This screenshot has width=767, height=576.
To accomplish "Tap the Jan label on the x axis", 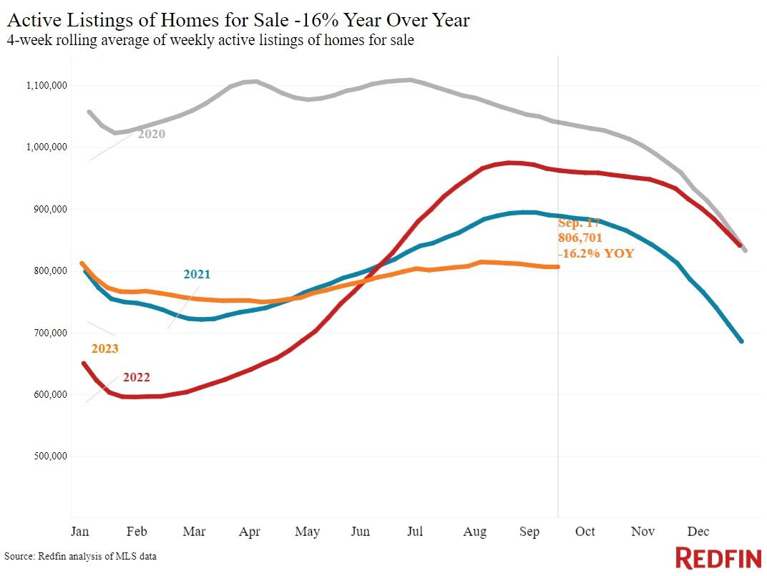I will coord(79,532).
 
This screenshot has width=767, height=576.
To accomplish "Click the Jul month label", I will coord(415,532).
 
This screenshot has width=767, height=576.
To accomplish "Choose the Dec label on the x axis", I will coord(698,532).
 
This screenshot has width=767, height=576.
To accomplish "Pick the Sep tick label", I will coord(529,532).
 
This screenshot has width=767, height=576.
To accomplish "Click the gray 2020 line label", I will coord(151,134).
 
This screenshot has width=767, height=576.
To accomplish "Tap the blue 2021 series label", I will coord(197,274).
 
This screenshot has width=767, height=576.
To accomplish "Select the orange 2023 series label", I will coord(104,349).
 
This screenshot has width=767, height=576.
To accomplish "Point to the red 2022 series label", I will coord(136,377).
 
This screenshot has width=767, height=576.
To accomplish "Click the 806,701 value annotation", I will coord(580,238).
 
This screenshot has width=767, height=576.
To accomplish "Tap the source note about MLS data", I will coord(80,556).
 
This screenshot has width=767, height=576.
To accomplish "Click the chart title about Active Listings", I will coord(238,20).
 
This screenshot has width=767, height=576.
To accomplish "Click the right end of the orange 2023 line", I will coord(557,267).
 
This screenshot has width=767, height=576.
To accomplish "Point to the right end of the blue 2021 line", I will coord(741,341).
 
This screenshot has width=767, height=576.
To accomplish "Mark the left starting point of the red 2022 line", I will coord(84,363).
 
